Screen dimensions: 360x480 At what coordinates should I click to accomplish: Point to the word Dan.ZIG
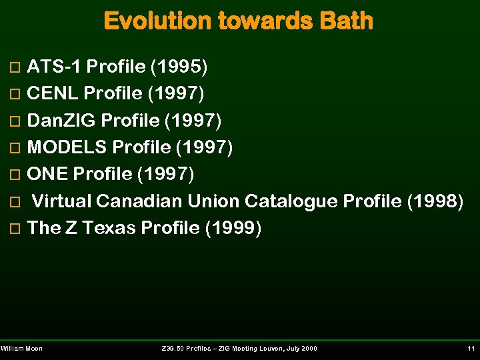(63, 121)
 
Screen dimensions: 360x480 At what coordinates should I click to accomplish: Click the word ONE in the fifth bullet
(47, 174)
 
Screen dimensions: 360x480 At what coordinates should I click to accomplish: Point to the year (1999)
(233, 228)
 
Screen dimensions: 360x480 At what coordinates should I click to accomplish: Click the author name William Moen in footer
(22, 349)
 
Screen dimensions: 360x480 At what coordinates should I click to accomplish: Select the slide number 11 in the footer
(471, 349)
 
